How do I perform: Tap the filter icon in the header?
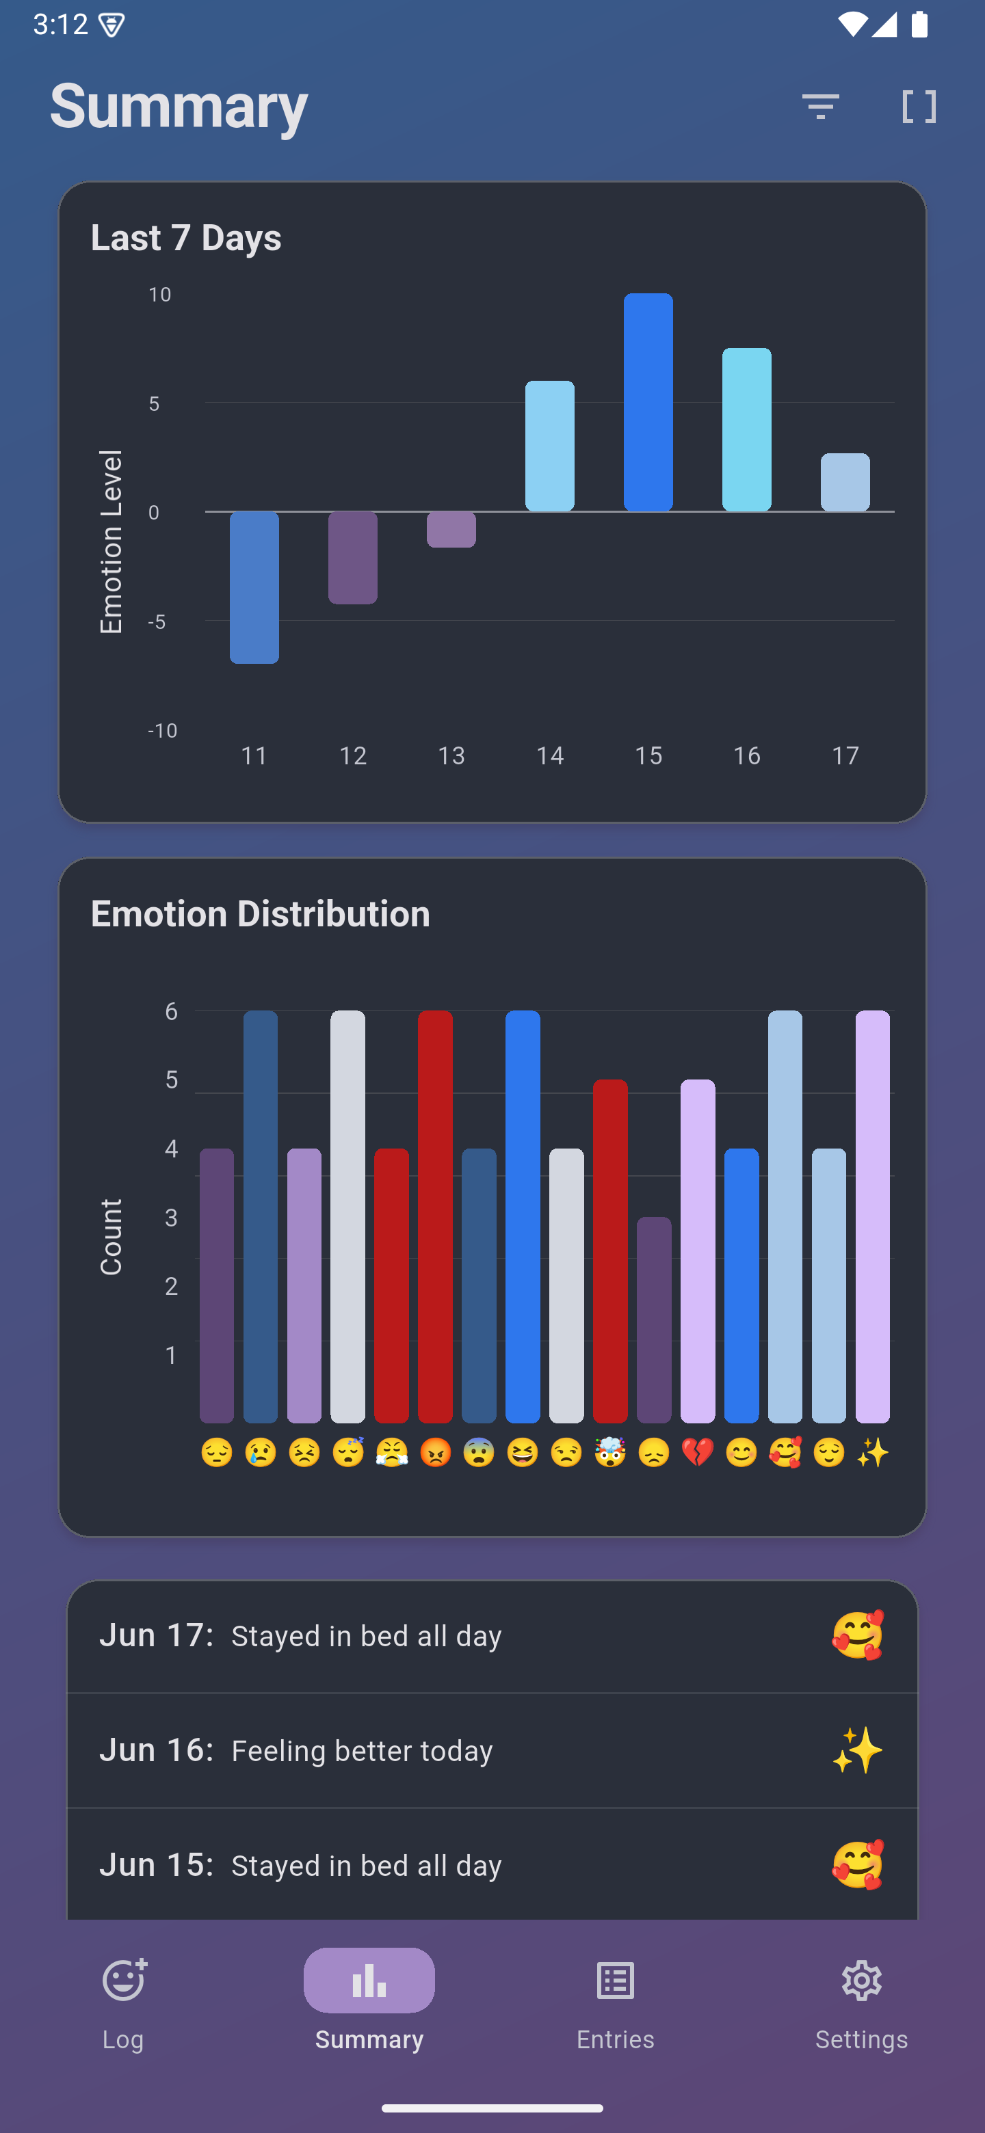tap(820, 106)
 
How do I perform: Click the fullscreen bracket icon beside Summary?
tap(919, 106)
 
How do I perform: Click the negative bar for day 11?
tap(254, 587)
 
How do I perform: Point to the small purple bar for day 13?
tap(451, 530)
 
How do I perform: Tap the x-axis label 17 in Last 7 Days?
tap(845, 755)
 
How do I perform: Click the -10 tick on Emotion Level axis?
tap(162, 730)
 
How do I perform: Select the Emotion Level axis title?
tap(111, 542)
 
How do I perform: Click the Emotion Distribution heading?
tap(260, 913)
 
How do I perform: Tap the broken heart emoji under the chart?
tap(698, 1452)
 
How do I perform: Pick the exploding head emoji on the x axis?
tap(609, 1452)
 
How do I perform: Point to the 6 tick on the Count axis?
tap(172, 1011)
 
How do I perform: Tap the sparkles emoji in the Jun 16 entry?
tap(857, 1750)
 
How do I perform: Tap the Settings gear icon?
tap(861, 1981)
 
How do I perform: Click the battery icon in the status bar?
tap(919, 25)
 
